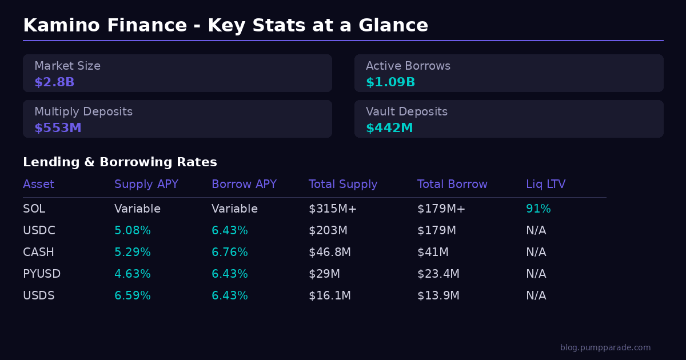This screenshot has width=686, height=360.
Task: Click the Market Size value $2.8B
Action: click(x=54, y=82)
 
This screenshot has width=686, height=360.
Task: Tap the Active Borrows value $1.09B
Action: click(x=390, y=82)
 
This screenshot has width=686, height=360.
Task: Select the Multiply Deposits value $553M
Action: click(x=58, y=128)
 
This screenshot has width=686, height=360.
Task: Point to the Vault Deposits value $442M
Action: click(x=389, y=128)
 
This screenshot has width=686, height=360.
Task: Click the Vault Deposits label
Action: click(x=406, y=112)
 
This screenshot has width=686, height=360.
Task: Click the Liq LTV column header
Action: click(x=545, y=185)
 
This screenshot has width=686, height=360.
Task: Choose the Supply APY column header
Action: click(x=146, y=185)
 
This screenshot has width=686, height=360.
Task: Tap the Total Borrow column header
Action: click(x=452, y=185)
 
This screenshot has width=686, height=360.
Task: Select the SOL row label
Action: click(x=34, y=209)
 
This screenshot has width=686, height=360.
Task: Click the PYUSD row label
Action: click(x=42, y=274)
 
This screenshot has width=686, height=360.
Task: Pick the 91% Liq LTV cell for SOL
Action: click(x=538, y=209)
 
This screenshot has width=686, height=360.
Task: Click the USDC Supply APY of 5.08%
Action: click(x=133, y=231)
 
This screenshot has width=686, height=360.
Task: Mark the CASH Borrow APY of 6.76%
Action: click(x=230, y=253)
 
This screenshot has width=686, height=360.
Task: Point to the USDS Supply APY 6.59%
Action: click(x=133, y=296)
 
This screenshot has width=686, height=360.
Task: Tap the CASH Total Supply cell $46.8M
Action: click(x=330, y=253)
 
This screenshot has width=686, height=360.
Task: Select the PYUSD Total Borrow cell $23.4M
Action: click(x=438, y=274)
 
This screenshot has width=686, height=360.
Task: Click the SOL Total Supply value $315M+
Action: click(x=333, y=209)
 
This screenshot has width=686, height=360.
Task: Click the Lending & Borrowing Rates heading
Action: click(x=120, y=162)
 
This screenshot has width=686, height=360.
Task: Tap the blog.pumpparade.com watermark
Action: click(x=605, y=347)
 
